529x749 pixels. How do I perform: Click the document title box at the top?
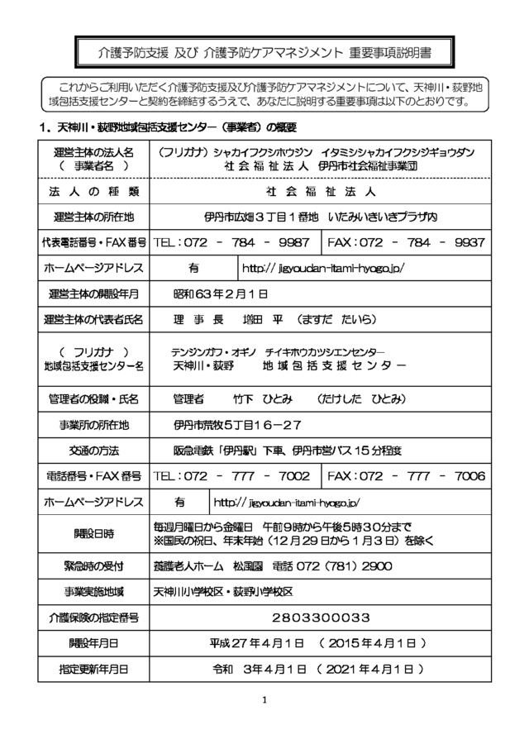[x=264, y=52]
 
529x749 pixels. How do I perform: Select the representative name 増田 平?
[x=236, y=319]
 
